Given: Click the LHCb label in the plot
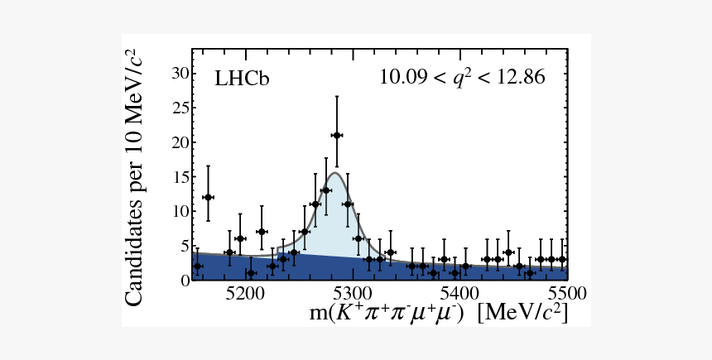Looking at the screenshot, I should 243,79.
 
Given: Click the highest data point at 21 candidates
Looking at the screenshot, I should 336,135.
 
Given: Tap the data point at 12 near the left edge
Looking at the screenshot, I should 208,197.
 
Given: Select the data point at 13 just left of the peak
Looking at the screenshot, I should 325,190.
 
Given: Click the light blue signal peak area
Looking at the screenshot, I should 331,228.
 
